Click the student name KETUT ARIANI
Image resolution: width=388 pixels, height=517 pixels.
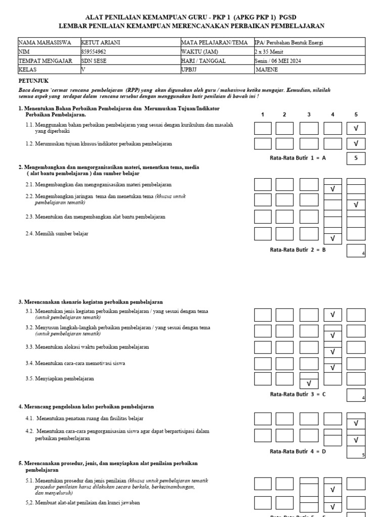coord(99,43)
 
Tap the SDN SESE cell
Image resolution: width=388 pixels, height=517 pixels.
coord(94,60)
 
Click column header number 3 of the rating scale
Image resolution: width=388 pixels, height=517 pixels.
coord(309,115)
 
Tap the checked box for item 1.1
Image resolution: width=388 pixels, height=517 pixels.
coord(356,129)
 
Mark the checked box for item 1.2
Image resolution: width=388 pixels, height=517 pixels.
coord(356,144)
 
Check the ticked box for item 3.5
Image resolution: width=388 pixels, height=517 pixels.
coord(309,383)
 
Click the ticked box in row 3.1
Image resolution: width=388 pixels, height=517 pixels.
coord(332,315)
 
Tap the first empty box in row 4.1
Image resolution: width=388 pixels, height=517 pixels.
coord(263,419)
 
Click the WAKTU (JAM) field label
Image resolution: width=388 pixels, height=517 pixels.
coord(200,51)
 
